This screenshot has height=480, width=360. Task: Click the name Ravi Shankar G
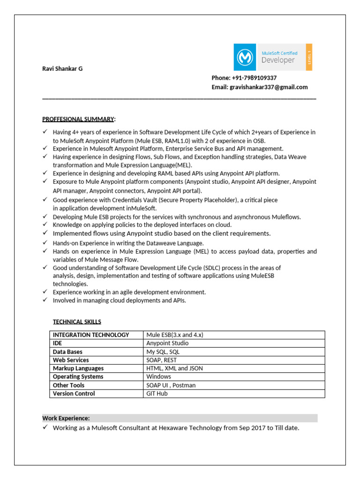62,68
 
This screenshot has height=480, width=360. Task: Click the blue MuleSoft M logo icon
245,57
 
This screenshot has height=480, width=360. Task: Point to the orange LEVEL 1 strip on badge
309,57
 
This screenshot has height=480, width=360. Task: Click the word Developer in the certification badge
278,60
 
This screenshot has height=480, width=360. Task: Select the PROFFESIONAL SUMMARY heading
78,119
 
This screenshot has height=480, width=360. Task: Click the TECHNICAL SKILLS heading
77,322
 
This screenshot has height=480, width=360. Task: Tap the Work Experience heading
66,418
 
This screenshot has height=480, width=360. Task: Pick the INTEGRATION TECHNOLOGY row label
91,335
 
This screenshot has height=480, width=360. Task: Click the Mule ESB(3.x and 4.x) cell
174,335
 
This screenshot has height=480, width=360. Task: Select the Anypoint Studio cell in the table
167,343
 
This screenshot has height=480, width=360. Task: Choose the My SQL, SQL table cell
163,352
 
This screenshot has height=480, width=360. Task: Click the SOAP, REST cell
162,360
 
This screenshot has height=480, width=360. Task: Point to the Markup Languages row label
78,368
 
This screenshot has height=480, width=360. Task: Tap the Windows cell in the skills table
158,377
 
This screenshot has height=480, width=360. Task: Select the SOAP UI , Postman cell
171,385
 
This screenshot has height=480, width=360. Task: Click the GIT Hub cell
157,394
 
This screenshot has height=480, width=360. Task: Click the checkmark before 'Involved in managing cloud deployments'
45,300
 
